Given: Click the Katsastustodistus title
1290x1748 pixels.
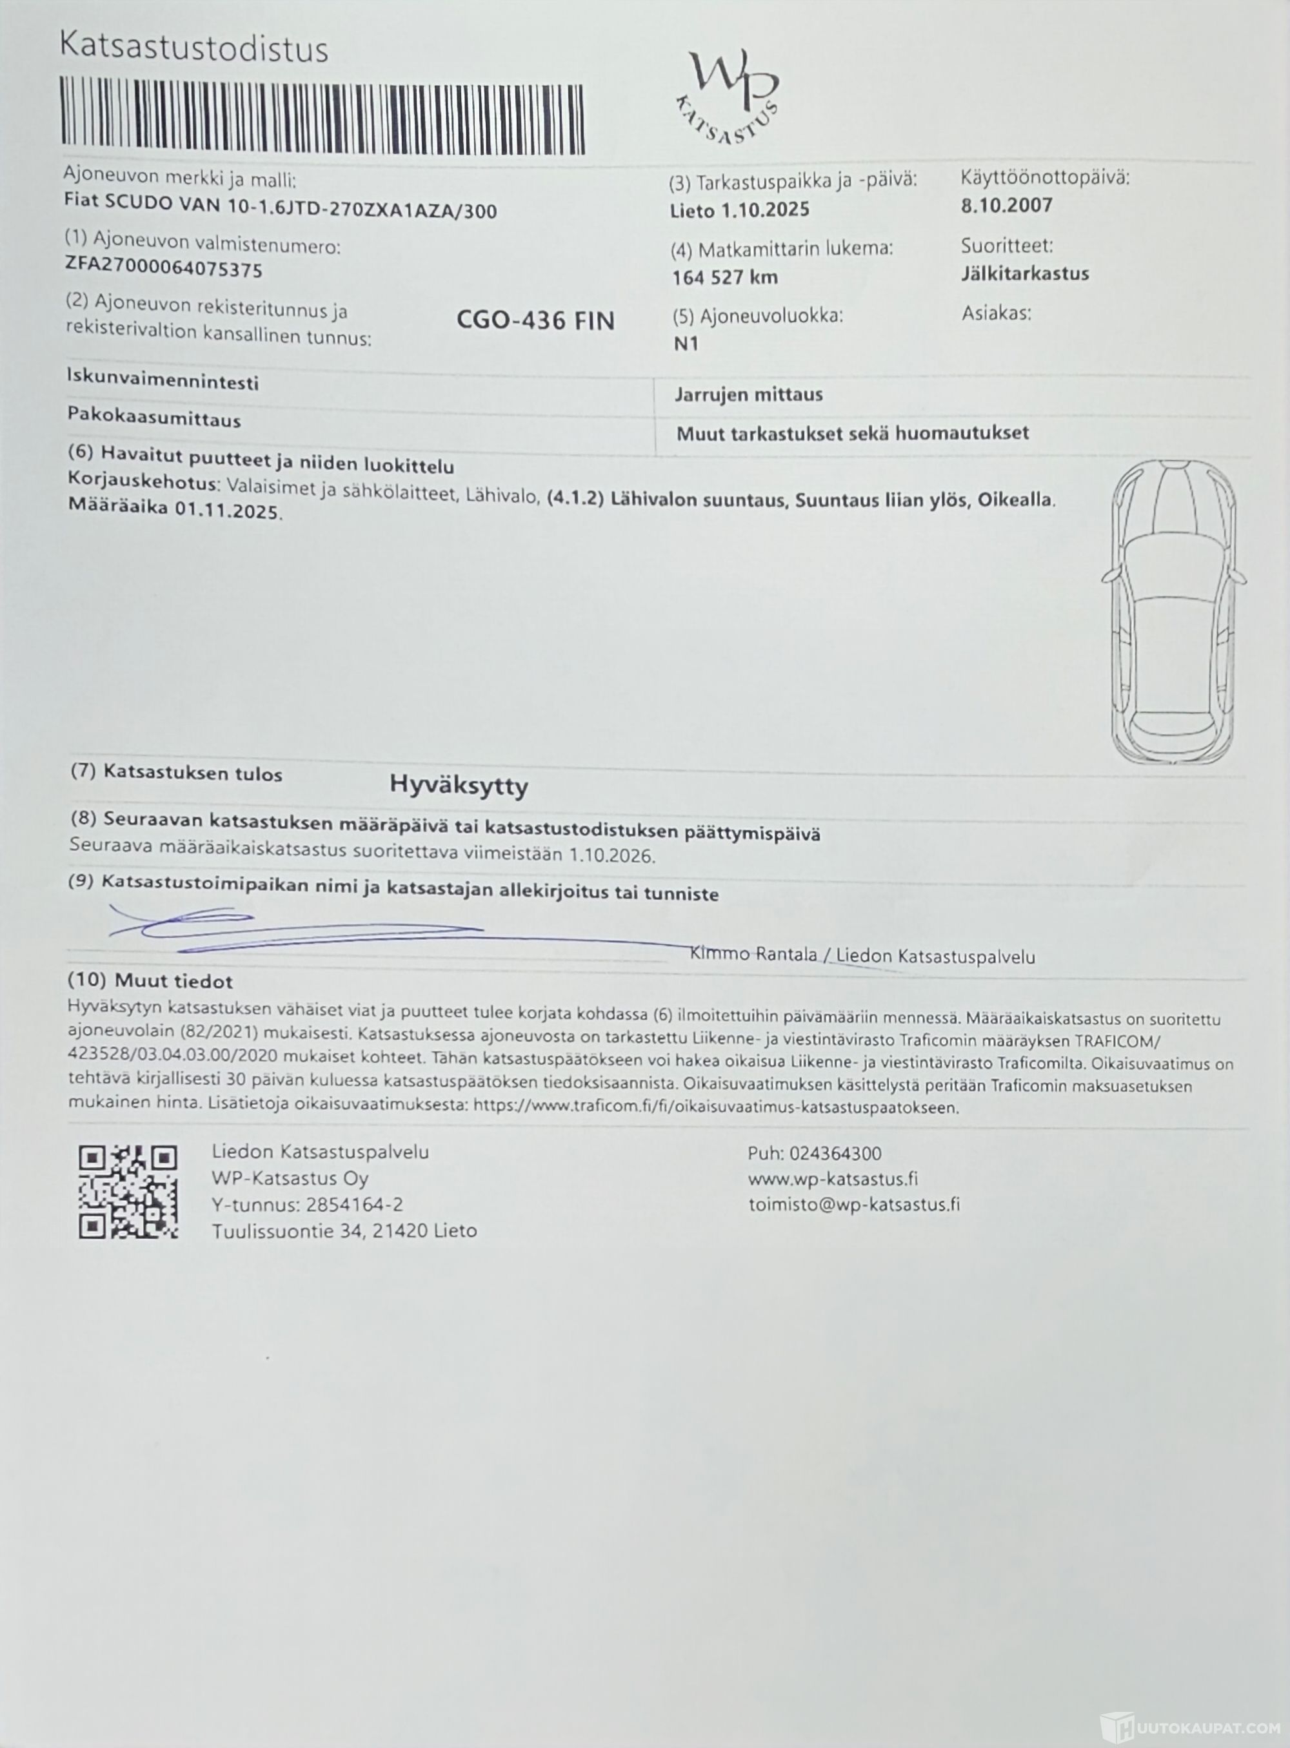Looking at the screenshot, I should click(x=193, y=48).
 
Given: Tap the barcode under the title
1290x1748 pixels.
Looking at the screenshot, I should click(x=322, y=117).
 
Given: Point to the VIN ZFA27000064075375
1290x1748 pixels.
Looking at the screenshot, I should click(x=164, y=270).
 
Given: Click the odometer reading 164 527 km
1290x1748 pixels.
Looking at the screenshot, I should click(x=724, y=277).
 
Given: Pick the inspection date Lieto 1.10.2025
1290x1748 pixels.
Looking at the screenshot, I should click(x=739, y=209).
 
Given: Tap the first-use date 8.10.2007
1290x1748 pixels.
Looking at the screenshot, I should click(x=1007, y=205).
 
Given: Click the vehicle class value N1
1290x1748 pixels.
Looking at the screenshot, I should click(x=686, y=344).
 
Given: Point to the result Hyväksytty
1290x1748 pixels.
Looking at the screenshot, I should click(x=459, y=785).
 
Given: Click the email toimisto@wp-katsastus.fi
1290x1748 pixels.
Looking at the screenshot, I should click(x=853, y=1204).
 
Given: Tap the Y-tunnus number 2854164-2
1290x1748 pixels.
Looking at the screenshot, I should click(x=355, y=1205).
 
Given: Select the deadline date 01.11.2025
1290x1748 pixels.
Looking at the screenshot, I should click(x=226, y=512).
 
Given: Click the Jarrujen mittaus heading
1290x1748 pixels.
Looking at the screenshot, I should click(x=748, y=394).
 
